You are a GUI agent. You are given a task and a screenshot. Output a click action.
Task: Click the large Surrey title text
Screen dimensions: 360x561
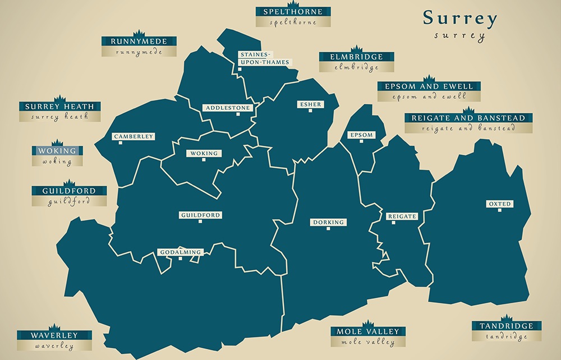pyautogui.click(x=460, y=19)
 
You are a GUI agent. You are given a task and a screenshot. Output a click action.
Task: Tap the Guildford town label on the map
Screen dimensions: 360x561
pyautogui.click(x=200, y=215)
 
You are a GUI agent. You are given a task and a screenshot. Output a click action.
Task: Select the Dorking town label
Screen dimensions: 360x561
pyautogui.click(x=328, y=223)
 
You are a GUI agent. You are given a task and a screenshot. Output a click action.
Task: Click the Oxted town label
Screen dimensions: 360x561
pyautogui.click(x=499, y=204)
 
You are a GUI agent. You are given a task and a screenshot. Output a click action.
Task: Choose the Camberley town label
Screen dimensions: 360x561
pyautogui.click(x=133, y=137)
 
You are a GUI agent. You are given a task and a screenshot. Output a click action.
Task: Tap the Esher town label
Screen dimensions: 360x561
pyautogui.click(x=310, y=104)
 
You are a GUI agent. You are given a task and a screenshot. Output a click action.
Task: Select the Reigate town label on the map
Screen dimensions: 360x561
pyautogui.click(x=402, y=216)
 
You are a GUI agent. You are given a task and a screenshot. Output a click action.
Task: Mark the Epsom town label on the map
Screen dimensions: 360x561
pyautogui.click(x=361, y=136)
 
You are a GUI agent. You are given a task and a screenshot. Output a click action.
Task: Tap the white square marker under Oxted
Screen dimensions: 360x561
pyautogui.click(x=499, y=211)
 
